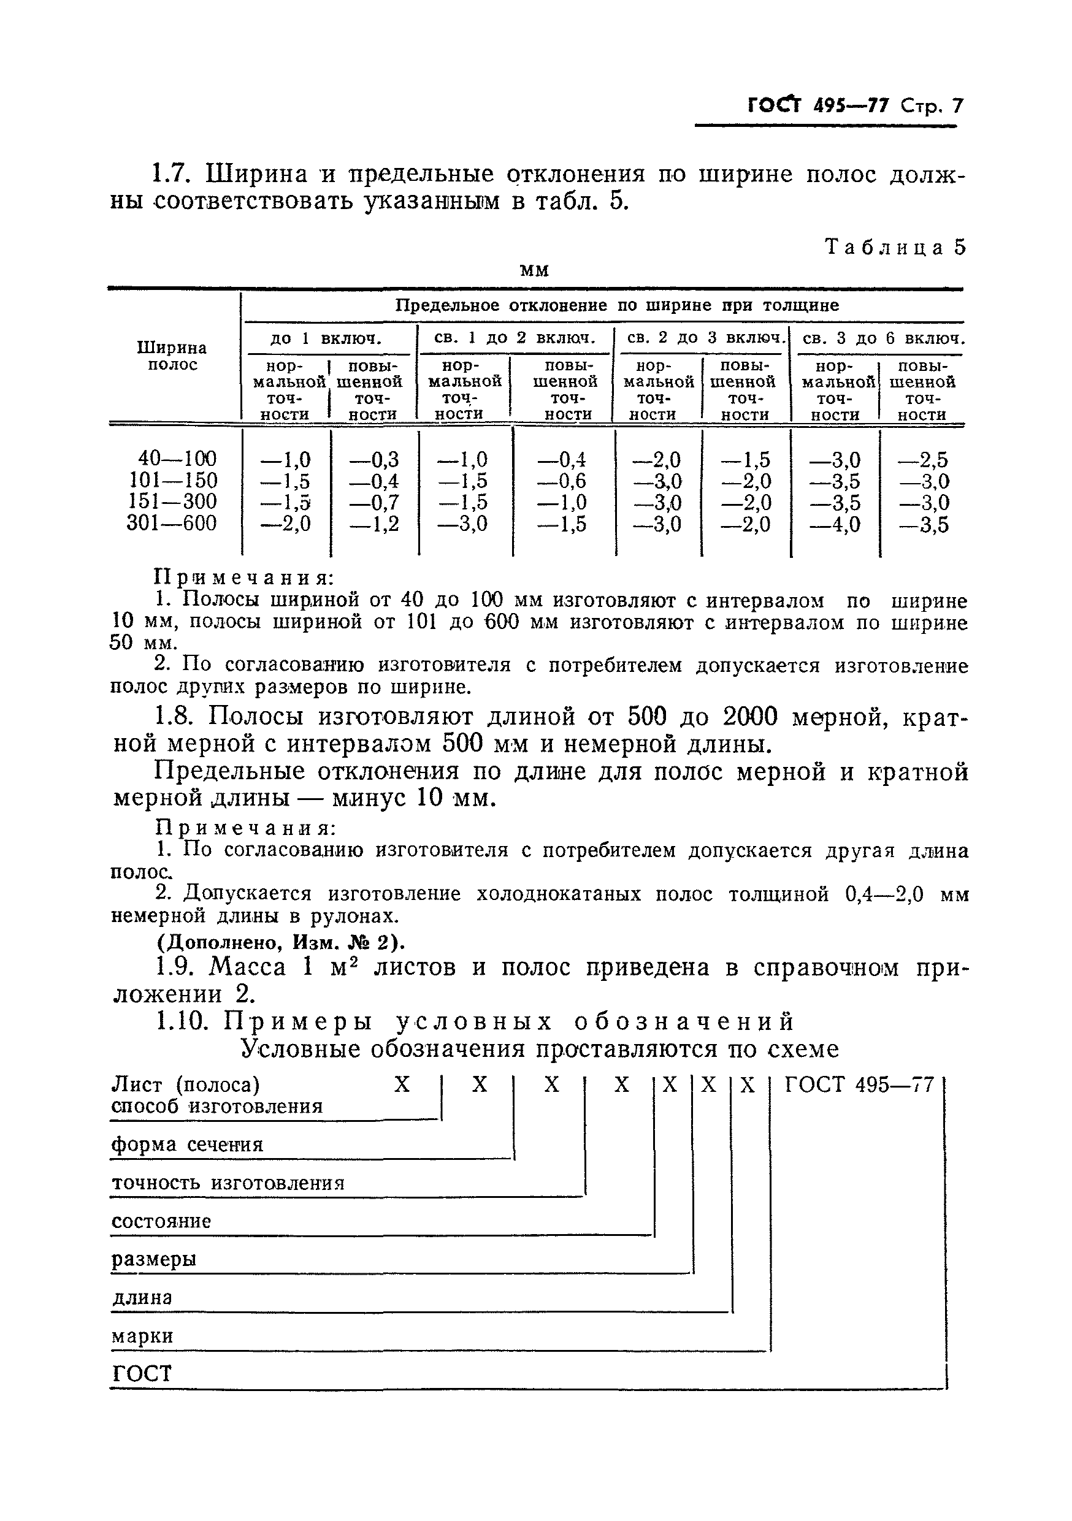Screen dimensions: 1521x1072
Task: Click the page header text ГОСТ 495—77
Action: (x=817, y=106)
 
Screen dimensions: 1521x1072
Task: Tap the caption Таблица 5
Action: (x=894, y=247)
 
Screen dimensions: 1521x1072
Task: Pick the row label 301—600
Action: (x=172, y=524)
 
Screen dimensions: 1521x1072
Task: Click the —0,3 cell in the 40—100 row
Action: (x=374, y=459)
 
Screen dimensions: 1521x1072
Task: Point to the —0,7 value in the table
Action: (x=374, y=502)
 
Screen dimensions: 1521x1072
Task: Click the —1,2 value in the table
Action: (x=374, y=524)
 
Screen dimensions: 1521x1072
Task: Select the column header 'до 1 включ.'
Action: (x=326, y=339)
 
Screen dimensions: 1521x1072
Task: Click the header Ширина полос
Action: (x=172, y=356)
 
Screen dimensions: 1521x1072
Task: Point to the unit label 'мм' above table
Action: (x=534, y=270)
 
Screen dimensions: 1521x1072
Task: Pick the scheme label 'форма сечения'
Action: (x=188, y=1145)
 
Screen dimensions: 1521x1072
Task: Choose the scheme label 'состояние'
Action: (x=161, y=1221)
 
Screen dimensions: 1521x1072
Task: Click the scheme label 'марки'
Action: (x=142, y=1336)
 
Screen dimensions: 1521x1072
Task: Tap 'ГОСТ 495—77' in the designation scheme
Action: (x=859, y=1085)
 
